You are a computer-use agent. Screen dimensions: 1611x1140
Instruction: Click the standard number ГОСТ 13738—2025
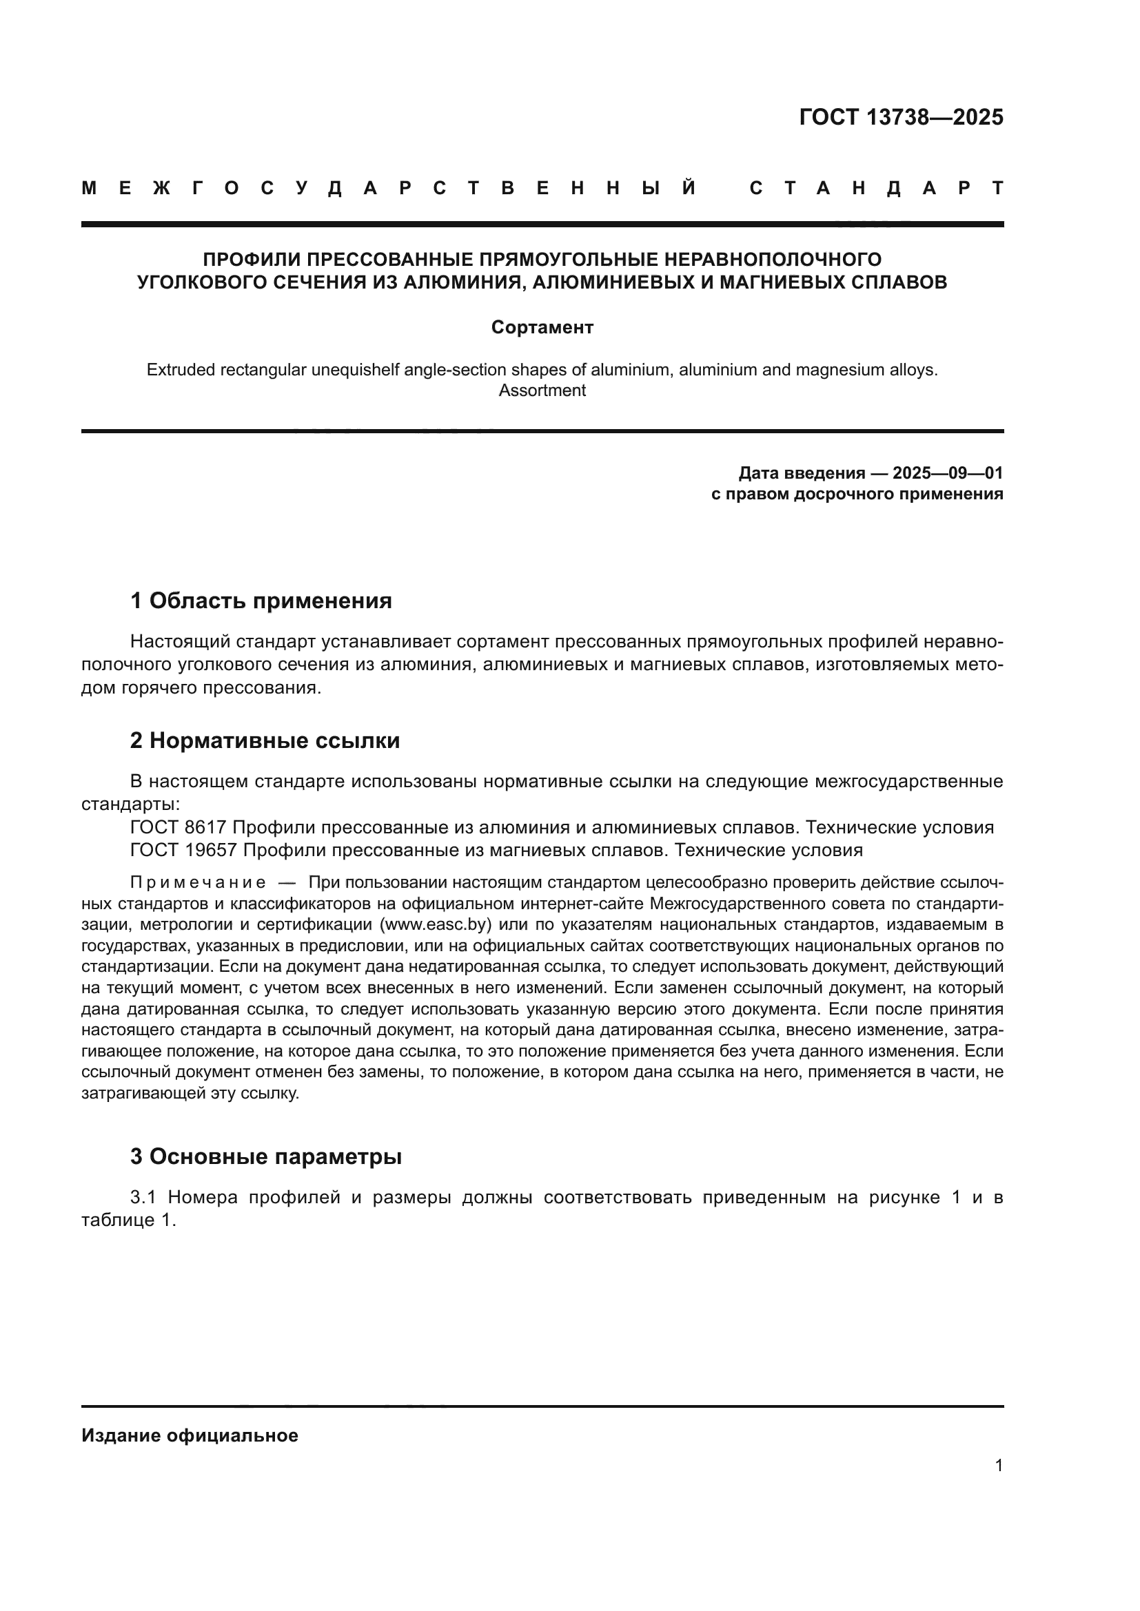901,117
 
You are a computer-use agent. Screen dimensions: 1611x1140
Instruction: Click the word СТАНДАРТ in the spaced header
876,188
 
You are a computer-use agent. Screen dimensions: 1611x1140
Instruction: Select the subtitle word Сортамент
542,327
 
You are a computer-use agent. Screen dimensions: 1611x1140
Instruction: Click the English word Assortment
542,391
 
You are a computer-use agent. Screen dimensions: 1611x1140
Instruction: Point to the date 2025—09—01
948,473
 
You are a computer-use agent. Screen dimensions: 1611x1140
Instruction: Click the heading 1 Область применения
261,601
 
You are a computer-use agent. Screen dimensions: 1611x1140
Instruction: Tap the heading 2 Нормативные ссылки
265,741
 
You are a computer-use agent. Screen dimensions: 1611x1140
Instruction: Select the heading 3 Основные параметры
265,1156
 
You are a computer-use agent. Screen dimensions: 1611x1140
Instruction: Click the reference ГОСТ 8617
178,827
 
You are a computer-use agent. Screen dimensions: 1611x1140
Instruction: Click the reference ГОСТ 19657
183,851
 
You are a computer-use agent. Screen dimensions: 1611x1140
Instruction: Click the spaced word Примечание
198,883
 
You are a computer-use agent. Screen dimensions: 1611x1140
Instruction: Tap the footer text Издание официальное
190,1435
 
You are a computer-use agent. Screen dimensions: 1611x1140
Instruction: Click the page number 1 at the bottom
998,1465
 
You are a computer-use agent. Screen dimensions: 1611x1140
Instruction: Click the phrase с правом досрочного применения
857,494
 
